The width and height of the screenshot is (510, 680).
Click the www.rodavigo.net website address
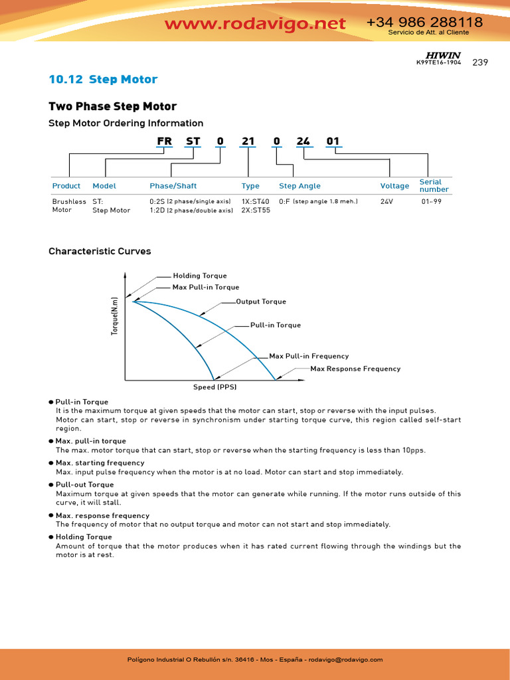coord(255,24)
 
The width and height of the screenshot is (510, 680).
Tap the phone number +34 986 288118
coord(424,23)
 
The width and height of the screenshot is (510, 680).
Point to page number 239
coord(480,62)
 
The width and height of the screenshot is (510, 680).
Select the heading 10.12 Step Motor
coord(103,80)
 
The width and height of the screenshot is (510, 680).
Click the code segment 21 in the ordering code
coord(248,141)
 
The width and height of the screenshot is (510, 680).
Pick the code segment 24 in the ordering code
coord(303,141)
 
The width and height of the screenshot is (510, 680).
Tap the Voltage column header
coord(394,186)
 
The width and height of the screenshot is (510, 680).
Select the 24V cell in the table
coord(386,201)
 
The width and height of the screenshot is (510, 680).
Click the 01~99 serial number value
coord(432,201)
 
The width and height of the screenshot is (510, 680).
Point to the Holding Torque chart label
coord(200,276)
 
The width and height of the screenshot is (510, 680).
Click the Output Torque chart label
coord(261,301)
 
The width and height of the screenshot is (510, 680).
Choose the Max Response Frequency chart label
coord(355,369)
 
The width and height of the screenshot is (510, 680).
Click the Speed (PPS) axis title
coord(215,387)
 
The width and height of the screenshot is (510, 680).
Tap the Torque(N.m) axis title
coord(114,315)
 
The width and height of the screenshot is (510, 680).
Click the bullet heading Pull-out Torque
coord(84,485)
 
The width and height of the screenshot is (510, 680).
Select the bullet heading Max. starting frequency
coord(100,463)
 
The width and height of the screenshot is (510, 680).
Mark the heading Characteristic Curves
coord(100,252)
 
